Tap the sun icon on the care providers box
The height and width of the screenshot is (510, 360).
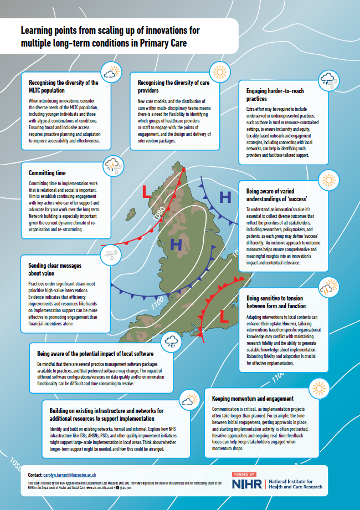coord(218,73)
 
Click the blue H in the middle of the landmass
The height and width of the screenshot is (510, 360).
coord(176,244)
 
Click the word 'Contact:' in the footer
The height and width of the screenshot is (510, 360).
coord(35,475)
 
